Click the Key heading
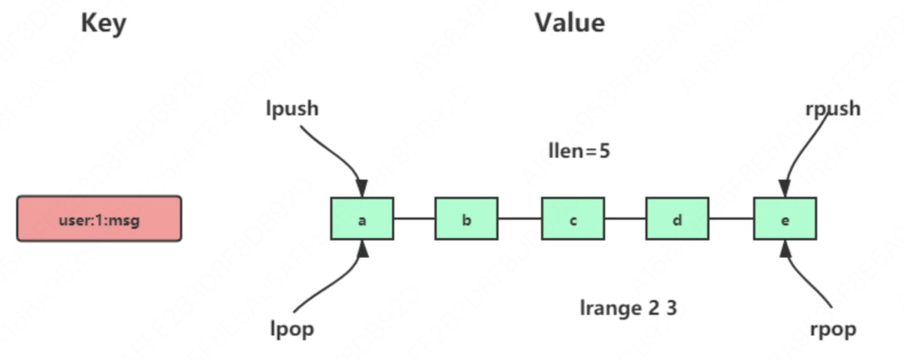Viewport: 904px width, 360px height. click(x=103, y=23)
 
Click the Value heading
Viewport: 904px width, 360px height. click(x=570, y=23)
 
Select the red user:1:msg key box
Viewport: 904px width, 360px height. click(x=99, y=219)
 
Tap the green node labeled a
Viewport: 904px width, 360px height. click(x=362, y=219)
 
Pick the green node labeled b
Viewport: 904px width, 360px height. click(x=466, y=219)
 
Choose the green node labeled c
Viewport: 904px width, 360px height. click(x=573, y=219)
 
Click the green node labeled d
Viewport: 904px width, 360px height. click(x=677, y=219)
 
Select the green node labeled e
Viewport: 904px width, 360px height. click(x=785, y=219)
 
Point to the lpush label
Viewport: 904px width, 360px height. click(x=292, y=109)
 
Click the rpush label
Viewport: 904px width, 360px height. click(x=833, y=109)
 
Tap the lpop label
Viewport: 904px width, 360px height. click(x=292, y=329)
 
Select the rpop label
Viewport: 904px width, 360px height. click(x=833, y=329)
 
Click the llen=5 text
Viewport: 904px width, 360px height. click(x=579, y=151)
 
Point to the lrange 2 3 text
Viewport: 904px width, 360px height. click(x=629, y=307)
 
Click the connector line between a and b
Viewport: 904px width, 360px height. click(x=414, y=219)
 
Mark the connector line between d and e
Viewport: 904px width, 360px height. click(x=731, y=219)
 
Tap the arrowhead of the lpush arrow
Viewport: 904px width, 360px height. click(x=362, y=189)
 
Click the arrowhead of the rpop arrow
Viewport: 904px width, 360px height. click(x=786, y=248)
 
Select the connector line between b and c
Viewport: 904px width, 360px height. click(x=519, y=219)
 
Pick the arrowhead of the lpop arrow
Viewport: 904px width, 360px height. click(x=363, y=249)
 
